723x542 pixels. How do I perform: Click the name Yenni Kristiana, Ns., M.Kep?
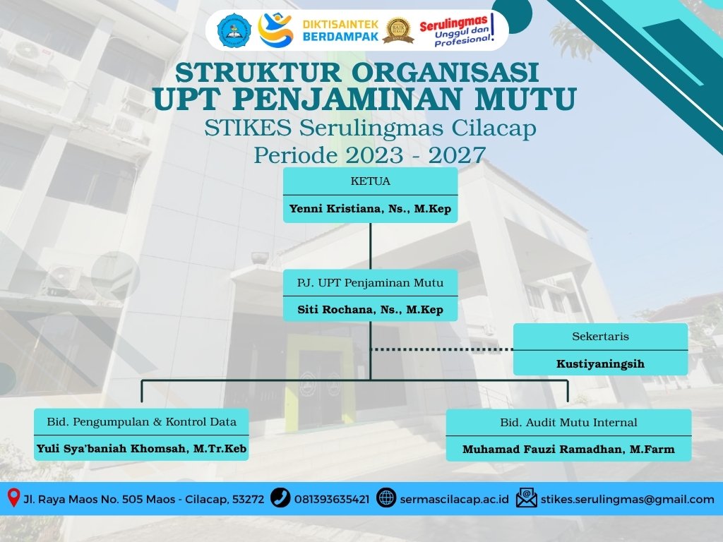[x=370, y=209]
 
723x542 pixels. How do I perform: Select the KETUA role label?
[x=370, y=181]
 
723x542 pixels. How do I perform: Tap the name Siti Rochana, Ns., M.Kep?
[x=370, y=310]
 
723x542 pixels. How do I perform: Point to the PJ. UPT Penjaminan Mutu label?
[x=370, y=282]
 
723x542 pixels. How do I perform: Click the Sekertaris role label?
[x=600, y=337]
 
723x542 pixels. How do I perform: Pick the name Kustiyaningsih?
[x=600, y=364]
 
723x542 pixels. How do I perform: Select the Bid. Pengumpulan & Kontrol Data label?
[x=141, y=422]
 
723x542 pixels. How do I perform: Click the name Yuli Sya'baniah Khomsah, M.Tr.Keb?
[x=141, y=448]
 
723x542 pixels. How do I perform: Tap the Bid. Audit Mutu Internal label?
[x=568, y=422]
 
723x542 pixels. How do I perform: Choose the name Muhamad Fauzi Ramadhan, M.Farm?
[x=568, y=450]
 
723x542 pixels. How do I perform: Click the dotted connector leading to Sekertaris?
[x=442, y=349]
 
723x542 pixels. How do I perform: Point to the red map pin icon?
[x=14, y=498]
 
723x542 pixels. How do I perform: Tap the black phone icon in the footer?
[x=280, y=498]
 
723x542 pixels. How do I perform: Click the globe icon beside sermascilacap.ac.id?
[x=386, y=498]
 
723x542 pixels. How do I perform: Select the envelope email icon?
[x=527, y=498]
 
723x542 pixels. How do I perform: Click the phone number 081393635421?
[x=332, y=499]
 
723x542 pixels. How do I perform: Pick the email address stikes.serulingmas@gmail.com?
[x=628, y=499]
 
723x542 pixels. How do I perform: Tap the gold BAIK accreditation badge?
[x=398, y=30]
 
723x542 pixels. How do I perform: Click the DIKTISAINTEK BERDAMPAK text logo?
[x=340, y=30]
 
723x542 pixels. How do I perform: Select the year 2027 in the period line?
[x=457, y=155]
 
